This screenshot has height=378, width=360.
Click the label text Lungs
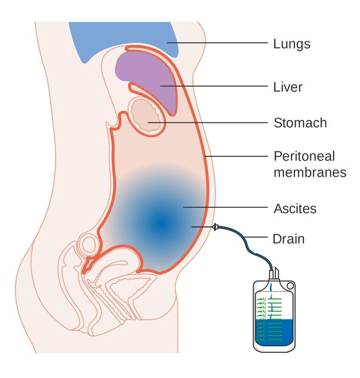(x=292, y=44)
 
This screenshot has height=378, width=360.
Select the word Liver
(x=288, y=87)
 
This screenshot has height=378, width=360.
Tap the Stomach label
(x=300, y=123)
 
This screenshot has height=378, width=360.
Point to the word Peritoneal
(x=304, y=157)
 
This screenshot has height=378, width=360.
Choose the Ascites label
(x=295, y=208)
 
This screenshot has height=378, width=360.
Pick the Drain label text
(x=289, y=239)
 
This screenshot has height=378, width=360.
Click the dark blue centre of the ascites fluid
(x=160, y=223)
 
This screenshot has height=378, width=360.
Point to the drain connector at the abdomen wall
(x=217, y=227)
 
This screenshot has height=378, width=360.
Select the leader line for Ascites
(x=224, y=207)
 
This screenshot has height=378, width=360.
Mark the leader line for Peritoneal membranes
(x=236, y=157)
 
